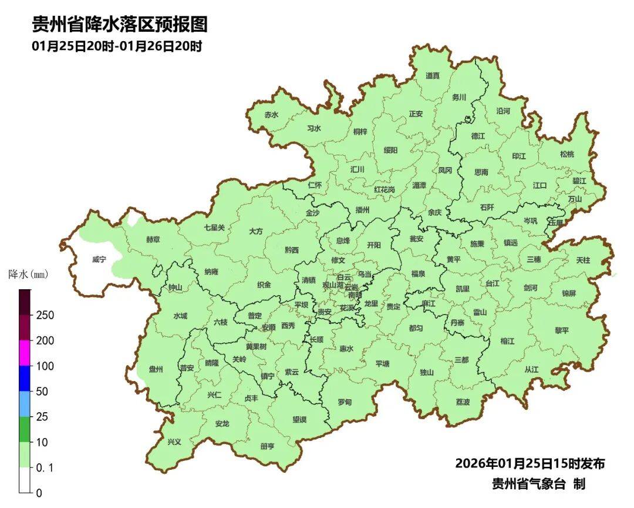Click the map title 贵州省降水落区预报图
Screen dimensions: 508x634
coord(120,25)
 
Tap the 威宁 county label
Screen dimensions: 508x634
coord(99,259)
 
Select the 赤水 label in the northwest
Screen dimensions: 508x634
coord(271,115)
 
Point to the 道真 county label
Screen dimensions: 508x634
coord(433,76)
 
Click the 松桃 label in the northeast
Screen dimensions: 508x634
coord(567,155)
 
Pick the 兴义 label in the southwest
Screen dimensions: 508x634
coord(174,442)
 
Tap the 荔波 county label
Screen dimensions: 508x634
coord(463,402)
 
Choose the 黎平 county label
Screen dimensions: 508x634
coord(562,330)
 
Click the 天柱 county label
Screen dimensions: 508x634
coord(583,259)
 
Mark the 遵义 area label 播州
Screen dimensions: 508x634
coord(363,210)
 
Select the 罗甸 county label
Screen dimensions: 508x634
coord(345,402)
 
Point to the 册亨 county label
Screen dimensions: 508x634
coord(267,446)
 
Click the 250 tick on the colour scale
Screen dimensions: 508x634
coord(45,316)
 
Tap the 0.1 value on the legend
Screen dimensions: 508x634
coord(45,467)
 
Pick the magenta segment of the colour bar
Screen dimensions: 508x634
coord(24,353)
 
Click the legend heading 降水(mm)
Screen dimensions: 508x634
coord(28,275)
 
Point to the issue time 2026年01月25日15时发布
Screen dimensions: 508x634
coord(530,464)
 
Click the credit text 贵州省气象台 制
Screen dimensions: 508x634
coord(538,484)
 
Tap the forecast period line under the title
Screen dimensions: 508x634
coord(117,46)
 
